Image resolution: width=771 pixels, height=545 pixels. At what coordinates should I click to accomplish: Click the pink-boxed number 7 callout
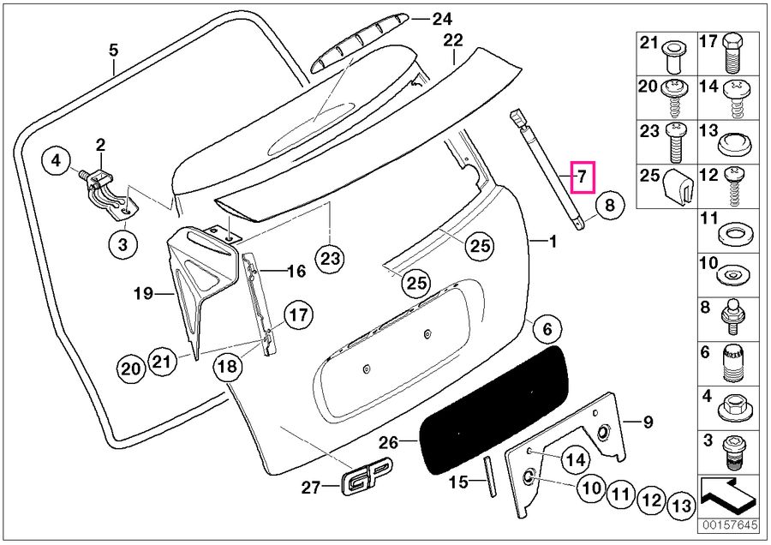point(580,178)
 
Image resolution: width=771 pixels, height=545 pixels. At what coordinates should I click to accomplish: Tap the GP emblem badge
point(367,480)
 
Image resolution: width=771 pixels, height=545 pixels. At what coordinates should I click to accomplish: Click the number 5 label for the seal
point(113,51)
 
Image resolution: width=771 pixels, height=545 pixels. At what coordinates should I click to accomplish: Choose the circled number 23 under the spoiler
point(330,256)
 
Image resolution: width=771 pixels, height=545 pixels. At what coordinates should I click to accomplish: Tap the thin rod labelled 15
point(490,476)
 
